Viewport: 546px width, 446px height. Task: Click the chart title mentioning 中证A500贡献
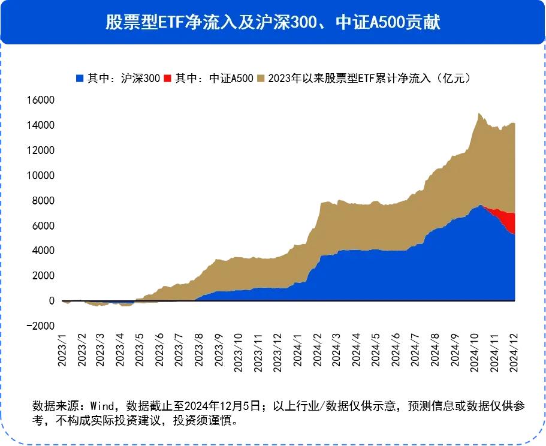tap(273, 22)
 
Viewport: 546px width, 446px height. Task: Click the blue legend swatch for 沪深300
tap(80, 78)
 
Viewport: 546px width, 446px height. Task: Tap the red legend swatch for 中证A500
tap(167, 78)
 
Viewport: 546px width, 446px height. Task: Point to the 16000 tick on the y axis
tap(40, 100)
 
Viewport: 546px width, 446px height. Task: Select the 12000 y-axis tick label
tap(40, 150)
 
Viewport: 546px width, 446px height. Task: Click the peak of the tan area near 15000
tap(478, 113)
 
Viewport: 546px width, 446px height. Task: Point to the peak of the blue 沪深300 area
tap(480, 206)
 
